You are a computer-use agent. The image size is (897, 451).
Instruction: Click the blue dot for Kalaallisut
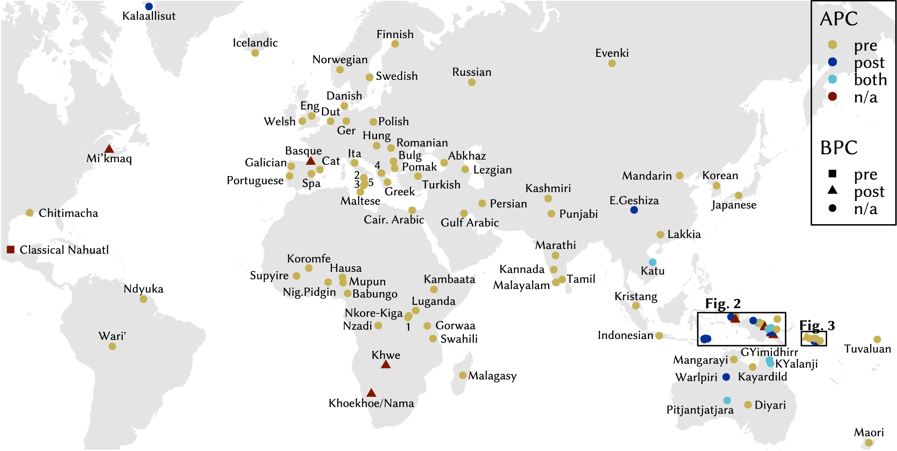(149, 7)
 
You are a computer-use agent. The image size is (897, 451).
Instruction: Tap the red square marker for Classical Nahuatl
(11, 249)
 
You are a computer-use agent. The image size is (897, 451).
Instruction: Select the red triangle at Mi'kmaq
(109, 149)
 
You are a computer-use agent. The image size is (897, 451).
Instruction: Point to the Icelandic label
(255, 42)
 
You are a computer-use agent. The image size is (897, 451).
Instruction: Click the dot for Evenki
(612, 63)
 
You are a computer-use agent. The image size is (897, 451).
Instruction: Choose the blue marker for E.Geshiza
(634, 210)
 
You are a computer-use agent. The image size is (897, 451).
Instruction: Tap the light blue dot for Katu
(652, 262)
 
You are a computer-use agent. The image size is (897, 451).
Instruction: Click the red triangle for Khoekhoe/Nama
(371, 393)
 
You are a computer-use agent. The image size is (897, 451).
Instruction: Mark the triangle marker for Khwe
(385, 365)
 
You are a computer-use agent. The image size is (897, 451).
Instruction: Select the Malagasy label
(492, 376)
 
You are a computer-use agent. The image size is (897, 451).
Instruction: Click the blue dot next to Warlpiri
(726, 377)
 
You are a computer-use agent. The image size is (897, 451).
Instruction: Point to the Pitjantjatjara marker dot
(727, 400)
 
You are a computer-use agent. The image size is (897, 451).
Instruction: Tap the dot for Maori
(869, 443)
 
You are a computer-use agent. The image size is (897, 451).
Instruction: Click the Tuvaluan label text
(867, 349)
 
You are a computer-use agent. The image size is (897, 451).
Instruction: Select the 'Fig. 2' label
(723, 304)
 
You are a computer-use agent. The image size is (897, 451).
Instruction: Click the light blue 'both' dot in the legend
(832, 79)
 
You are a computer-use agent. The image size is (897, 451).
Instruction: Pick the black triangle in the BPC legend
(832, 190)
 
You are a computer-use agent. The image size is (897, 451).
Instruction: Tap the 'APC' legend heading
(838, 19)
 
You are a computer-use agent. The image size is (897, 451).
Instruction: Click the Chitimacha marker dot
(30, 213)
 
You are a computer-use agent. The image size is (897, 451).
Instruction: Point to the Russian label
(472, 72)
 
